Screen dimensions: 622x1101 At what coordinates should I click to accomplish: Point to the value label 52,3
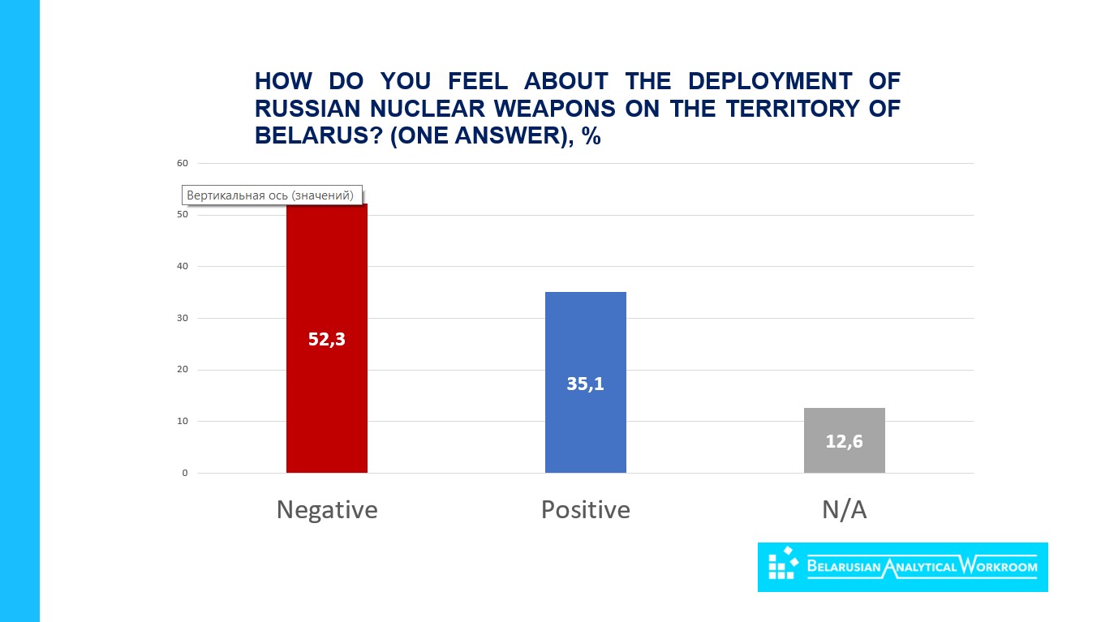point(326,340)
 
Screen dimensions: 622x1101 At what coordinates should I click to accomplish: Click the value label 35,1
point(585,384)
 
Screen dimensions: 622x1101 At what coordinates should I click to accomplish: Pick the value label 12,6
point(844,442)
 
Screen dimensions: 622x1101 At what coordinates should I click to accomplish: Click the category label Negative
point(326,510)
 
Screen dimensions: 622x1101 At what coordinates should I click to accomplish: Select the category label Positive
point(585,510)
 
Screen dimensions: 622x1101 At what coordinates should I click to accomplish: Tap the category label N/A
point(844,510)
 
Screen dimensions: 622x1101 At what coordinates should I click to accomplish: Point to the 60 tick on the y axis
point(182,163)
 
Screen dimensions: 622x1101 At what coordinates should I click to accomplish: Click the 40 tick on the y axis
point(182,267)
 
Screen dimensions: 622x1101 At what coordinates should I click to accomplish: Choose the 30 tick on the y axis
point(182,318)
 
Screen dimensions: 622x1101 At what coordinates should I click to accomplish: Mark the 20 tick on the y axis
point(182,370)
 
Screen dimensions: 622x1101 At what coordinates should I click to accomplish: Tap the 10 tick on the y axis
point(182,422)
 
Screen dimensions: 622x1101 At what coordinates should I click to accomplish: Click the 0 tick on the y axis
point(184,473)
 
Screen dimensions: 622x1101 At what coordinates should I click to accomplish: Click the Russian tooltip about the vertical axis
point(271,195)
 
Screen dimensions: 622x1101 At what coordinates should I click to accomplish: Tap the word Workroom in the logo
point(997,566)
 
